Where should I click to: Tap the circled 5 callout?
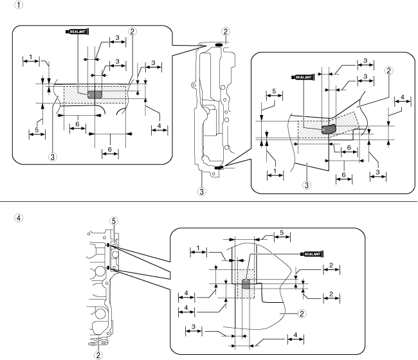pyautogui.click(x=114, y=221)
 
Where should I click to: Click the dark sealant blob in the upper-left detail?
pyautogui.click(x=95, y=94)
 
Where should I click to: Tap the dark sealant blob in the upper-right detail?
pyautogui.click(x=327, y=129)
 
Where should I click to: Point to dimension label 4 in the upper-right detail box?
pyautogui.click(x=402, y=97)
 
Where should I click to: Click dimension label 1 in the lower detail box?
pyautogui.click(x=198, y=248)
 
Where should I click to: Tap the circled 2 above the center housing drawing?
pyautogui.click(x=225, y=31)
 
